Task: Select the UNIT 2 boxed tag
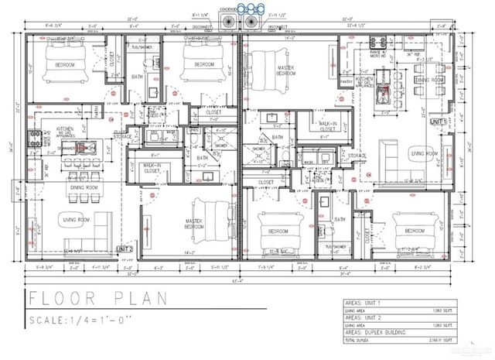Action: coord(125,249)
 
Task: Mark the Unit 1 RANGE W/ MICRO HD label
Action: coord(380,54)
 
